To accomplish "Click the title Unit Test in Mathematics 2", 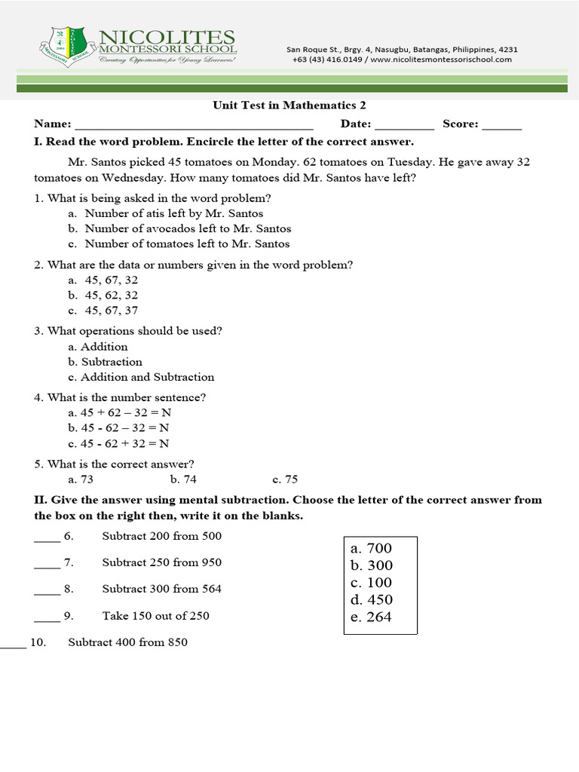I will point(289,106).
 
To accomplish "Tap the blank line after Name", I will point(194,125).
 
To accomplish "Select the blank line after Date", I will point(404,125).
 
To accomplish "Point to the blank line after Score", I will point(501,125).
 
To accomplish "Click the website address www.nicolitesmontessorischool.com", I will point(441,60).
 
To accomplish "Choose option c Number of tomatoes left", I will point(186,244).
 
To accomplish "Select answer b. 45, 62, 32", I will point(111,296).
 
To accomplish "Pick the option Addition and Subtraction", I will point(147,377).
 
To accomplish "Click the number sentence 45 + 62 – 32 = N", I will point(120,413).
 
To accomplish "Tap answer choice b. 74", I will point(183,479).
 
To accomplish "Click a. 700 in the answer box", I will point(371,548).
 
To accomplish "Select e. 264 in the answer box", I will point(371,617).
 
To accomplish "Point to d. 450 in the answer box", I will point(371,600).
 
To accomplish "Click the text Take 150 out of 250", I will point(155,616).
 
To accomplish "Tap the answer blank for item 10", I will point(13,644).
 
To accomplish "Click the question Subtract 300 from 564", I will point(161,589).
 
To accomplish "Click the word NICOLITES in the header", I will point(167,37).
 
